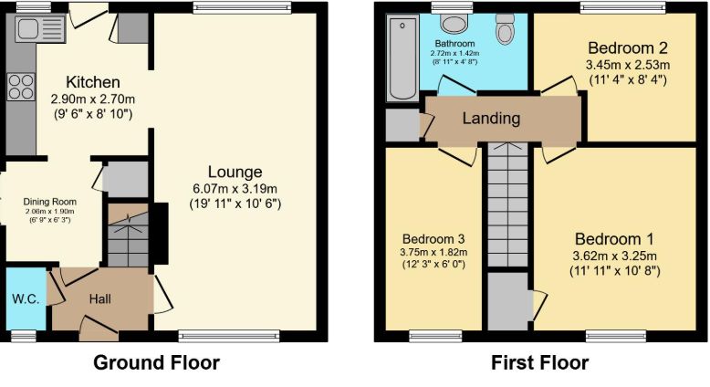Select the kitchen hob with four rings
pos(20,88)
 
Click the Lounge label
pos(235,173)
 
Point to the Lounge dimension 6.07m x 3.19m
pos(235,189)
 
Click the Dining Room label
pos(51,202)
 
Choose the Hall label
pos(101,298)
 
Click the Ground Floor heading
pos(157,363)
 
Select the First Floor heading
pos(539,363)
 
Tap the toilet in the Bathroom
pos(505,31)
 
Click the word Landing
pos(491,119)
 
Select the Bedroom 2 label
pos(627,48)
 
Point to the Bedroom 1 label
pos(613,239)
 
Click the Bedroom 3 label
pos(433,239)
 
